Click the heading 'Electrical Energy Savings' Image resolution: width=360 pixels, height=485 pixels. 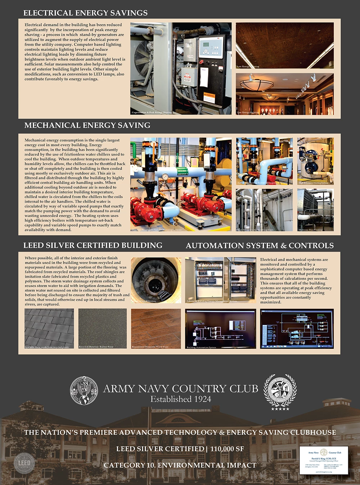pyautogui.click(x=85, y=13)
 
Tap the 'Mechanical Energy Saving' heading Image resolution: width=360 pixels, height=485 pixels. pyautogui.click(x=87, y=125)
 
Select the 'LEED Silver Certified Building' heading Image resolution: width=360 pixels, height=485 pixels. pyautogui.click(x=93, y=245)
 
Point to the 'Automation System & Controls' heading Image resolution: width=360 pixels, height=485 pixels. pyautogui.click(x=260, y=246)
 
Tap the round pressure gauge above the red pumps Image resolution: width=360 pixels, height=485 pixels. pyautogui.click(x=165, y=177)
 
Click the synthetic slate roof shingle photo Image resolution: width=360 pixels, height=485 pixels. pyautogui.click(x=49, y=328)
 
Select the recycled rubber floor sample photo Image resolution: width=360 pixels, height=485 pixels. pyautogui.click(x=103, y=328)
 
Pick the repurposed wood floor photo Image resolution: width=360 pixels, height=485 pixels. pyautogui.click(x=156, y=328)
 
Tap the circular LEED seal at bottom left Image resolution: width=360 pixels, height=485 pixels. pyautogui.click(x=24, y=463)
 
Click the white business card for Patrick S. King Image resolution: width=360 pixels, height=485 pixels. pyautogui.click(x=324, y=460)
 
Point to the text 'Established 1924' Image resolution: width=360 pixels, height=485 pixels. pyautogui.click(x=181, y=399)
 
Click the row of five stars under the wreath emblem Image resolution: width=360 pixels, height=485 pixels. pyautogui.click(x=280, y=409)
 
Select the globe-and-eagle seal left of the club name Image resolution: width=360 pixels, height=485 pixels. pyautogui.click(x=84, y=391)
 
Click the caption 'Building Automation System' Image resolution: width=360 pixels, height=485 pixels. pyautogui.click(x=202, y=347)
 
